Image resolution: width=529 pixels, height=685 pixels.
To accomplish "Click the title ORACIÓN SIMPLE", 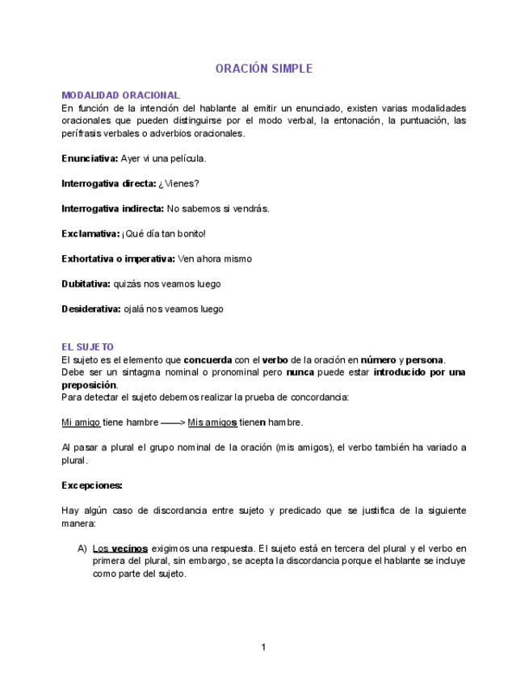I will [263, 69].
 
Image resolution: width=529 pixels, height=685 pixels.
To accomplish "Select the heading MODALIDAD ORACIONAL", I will [120, 95].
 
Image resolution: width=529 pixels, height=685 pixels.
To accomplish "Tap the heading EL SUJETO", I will [87, 347].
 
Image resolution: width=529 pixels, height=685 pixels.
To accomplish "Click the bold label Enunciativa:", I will [90, 158].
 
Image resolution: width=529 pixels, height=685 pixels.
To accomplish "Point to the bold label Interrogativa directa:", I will [109, 183].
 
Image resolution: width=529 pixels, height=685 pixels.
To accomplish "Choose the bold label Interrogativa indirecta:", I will [113, 208].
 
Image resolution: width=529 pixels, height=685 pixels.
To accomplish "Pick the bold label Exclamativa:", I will [90, 233].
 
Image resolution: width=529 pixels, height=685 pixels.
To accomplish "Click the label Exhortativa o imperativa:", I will [118, 258].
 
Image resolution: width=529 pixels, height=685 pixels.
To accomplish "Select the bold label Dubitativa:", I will [85, 284].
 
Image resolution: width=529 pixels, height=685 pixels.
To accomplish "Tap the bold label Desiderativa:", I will [90, 309].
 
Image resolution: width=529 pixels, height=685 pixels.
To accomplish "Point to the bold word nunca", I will [300, 372].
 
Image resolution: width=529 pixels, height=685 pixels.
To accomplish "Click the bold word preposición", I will [89, 385].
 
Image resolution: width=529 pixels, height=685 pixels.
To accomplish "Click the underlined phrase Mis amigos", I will [212, 422].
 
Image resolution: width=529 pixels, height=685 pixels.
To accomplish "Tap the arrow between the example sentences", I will [172, 422].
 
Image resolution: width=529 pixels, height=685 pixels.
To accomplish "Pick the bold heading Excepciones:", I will [92, 485].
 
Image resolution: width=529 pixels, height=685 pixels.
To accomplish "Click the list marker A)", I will [82, 548].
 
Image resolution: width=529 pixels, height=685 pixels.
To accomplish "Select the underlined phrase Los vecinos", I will [120, 548].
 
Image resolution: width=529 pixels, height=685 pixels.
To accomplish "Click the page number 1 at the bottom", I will [263, 647].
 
